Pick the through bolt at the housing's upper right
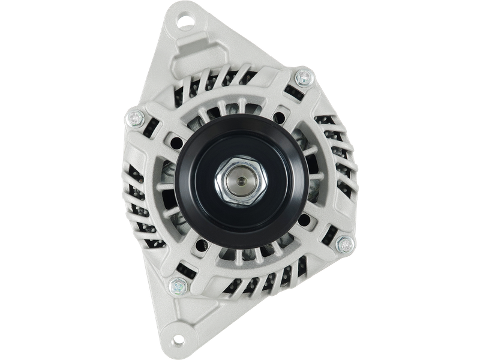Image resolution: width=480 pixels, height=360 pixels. pyautogui.click(x=304, y=77)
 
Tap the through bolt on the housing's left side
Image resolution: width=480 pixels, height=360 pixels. pyautogui.click(x=133, y=118)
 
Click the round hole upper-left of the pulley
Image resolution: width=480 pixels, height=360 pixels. pyautogui.click(x=178, y=142)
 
